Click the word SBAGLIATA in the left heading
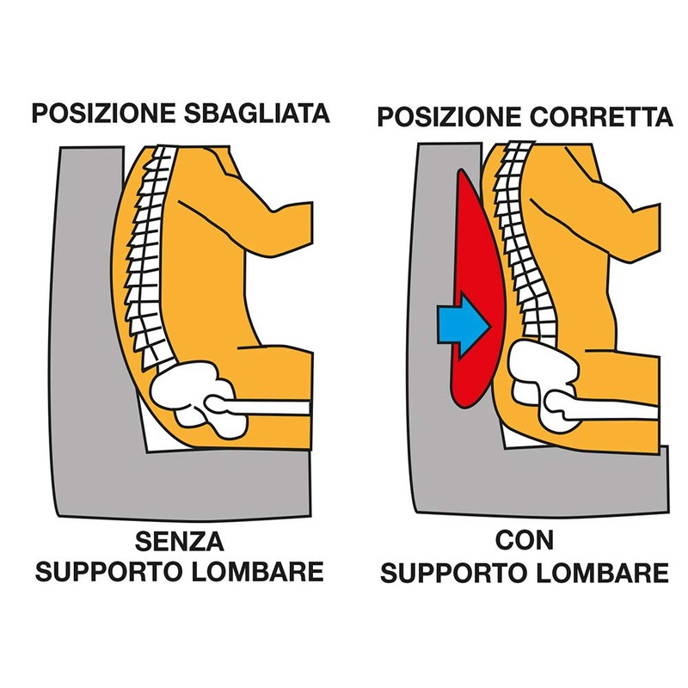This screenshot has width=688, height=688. click(x=256, y=114)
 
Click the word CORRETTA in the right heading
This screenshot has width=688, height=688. click(x=601, y=117)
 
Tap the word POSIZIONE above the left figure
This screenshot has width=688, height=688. click(x=103, y=114)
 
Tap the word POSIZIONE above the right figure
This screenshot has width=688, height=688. click(x=449, y=117)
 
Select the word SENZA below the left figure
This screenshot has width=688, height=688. click(x=180, y=542)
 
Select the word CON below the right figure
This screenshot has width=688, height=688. click(x=525, y=540)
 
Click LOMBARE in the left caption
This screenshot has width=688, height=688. click(x=258, y=571)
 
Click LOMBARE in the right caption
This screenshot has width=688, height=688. click(x=604, y=573)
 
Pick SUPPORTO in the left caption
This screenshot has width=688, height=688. click(x=110, y=571)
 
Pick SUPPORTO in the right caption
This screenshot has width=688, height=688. click(x=455, y=573)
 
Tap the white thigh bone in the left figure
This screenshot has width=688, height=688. click(x=259, y=406)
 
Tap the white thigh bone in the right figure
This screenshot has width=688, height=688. click(x=601, y=406)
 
